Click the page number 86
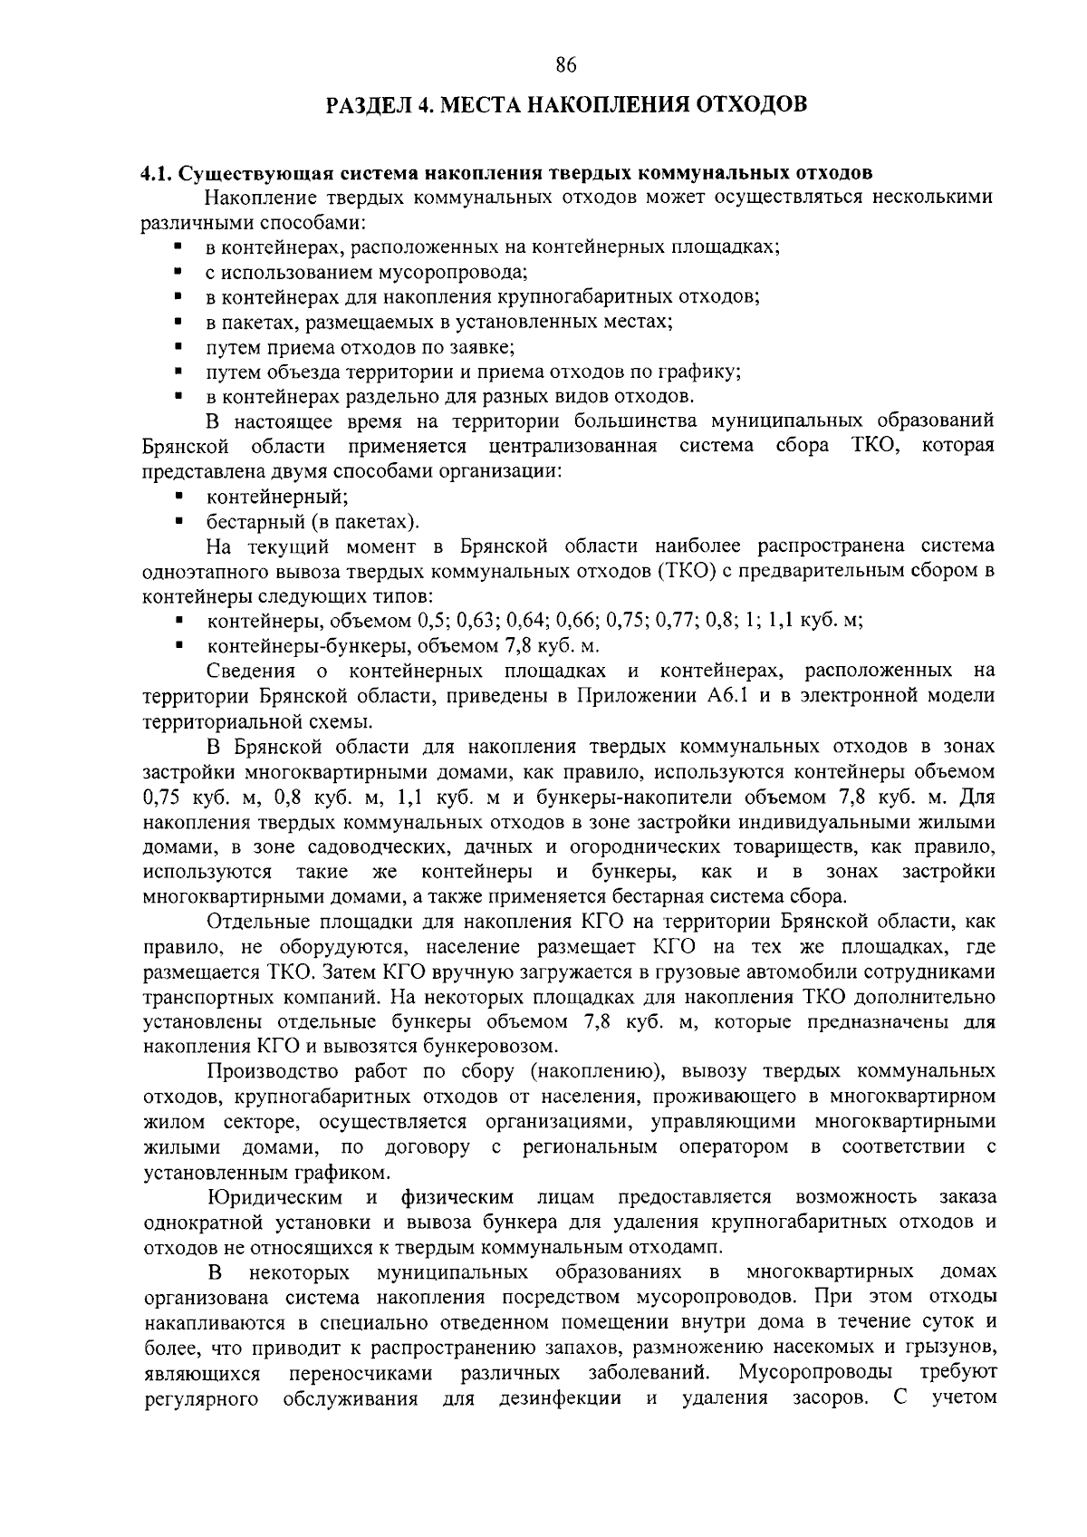click(x=565, y=64)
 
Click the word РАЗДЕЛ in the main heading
click(x=368, y=105)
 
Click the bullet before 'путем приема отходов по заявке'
click(x=179, y=346)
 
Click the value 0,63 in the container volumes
click(x=481, y=621)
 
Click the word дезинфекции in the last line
click(x=560, y=1397)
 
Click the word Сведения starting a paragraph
click(x=251, y=671)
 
